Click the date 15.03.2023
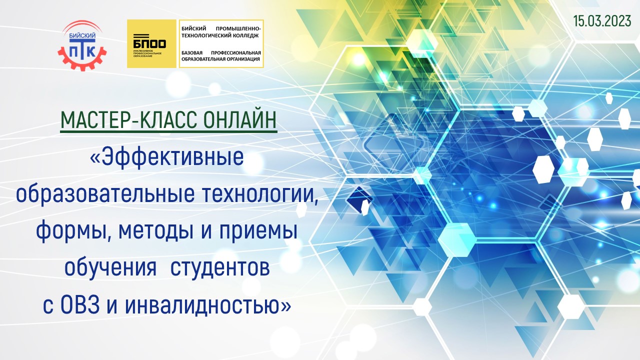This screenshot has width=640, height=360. point(602,21)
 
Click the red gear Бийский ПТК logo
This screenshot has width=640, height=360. point(82,45)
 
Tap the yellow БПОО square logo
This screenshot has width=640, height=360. point(151,43)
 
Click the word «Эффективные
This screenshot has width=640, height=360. point(166,157)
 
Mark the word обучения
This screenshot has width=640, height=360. point(110,268)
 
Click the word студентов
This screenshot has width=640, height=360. point(220,268)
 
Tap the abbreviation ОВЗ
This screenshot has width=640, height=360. point(80,305)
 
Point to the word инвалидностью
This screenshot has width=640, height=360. point(207,305)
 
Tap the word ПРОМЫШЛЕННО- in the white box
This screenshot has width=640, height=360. point(238,29)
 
